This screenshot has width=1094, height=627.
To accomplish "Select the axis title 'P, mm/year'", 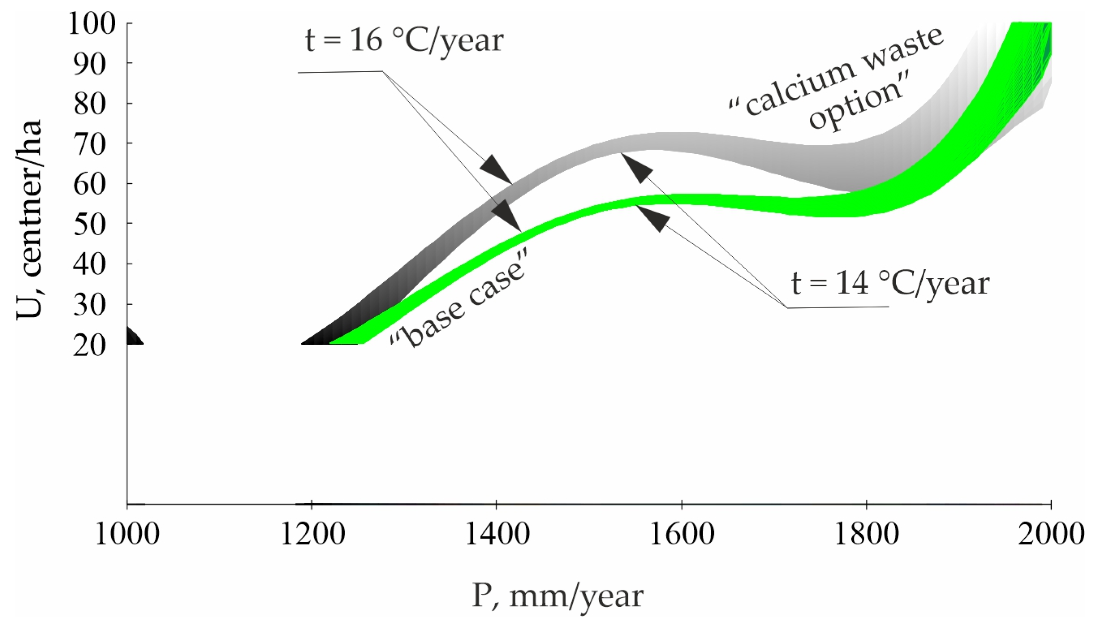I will coord(558,597).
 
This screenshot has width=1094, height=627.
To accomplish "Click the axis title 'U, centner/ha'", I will coord(29,220).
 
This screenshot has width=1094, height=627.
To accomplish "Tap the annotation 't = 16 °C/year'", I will coord(404,41).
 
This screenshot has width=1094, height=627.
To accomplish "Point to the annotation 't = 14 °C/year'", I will coord(891,284).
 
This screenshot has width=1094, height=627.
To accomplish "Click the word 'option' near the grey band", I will coord(858,107).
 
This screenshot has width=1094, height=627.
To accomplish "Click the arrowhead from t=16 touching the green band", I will coord(507,215).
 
